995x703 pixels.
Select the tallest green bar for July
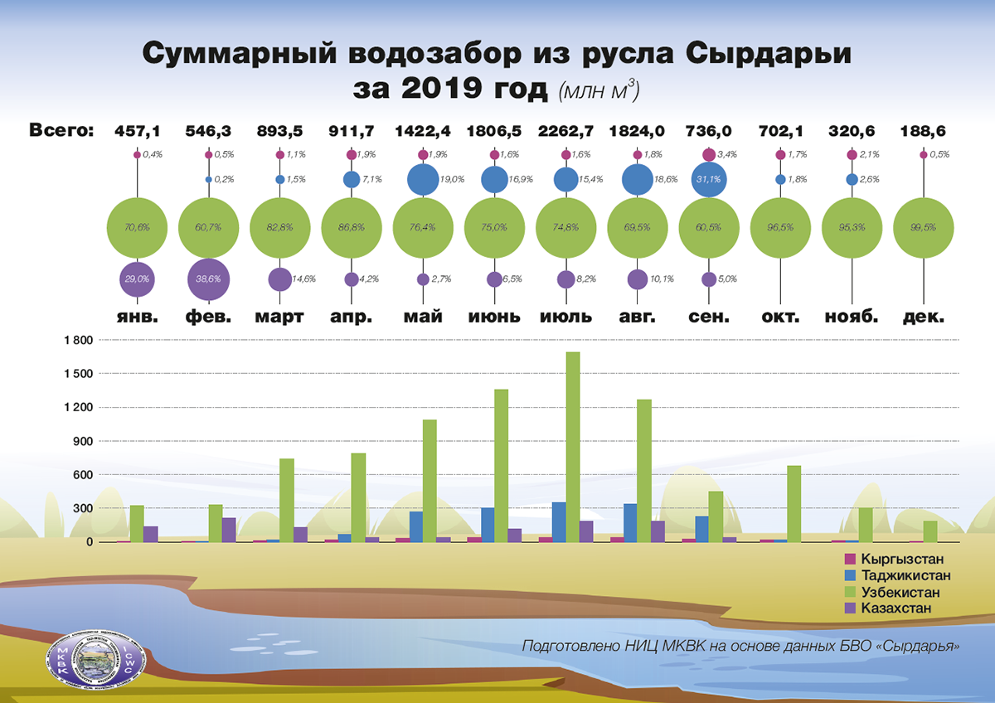click(573, 447)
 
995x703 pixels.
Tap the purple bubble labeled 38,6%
click(209, 280)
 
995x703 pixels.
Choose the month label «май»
click(423, 317)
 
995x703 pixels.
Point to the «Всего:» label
click(61, 130)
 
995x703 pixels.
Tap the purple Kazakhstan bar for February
click(229, 530)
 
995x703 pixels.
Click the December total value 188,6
click(922, 130)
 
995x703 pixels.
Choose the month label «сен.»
click(708, 317)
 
